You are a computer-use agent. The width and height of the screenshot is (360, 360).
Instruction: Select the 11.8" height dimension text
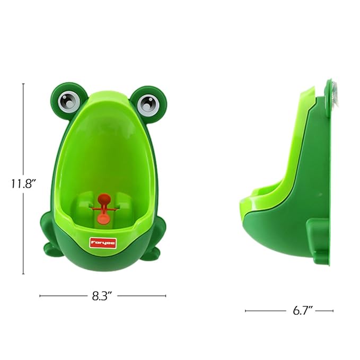tap(23, 183)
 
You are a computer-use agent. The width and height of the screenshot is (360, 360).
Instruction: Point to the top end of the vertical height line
tap(23, 83)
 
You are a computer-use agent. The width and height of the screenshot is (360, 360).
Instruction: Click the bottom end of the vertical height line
tap(23, 274)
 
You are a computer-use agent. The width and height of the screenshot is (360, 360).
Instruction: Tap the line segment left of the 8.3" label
tap(62, 296)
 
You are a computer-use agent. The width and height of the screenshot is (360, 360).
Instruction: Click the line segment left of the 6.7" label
tap(265, 311)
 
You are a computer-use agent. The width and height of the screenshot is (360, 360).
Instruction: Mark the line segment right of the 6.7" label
tap(324, 311)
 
